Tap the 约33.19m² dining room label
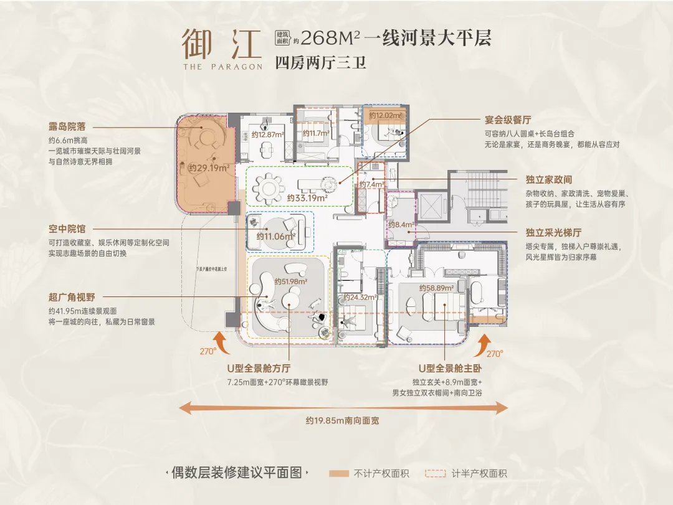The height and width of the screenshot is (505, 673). click(308, 198)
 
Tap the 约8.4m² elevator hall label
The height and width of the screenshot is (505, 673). click(399, 224)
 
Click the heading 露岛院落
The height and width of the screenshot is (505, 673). click(67, 126)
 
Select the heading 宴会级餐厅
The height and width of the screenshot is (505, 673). click(507, 120)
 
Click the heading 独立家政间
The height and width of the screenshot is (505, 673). click(548, 179)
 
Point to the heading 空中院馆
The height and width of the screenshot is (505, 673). click(67, 229)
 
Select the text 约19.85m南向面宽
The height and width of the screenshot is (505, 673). click(342, 420)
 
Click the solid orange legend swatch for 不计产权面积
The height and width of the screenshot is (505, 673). click(339, 473)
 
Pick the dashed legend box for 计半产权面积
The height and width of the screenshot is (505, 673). click(435, 473)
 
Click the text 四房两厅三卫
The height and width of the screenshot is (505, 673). click(320, 63)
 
